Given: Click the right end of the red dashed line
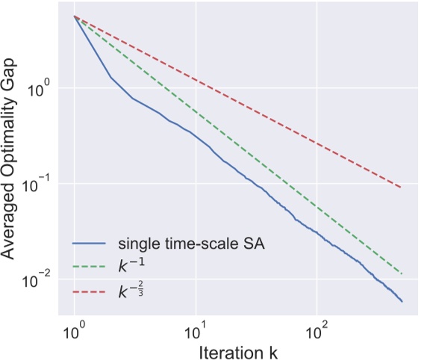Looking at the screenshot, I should tap(402, 187).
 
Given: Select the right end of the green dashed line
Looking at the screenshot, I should tap(402, 273).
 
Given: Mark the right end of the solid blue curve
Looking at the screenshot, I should tap(402, 302).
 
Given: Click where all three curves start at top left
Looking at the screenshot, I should tap(73, 16).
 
